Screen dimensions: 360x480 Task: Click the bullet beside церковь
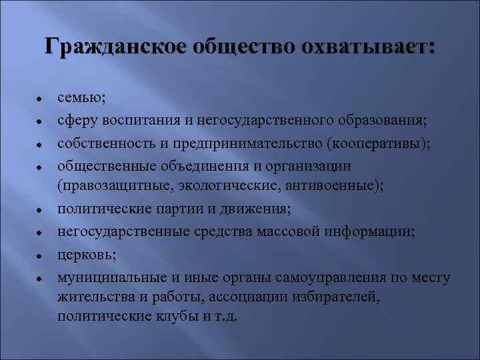[x=40, y=255]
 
